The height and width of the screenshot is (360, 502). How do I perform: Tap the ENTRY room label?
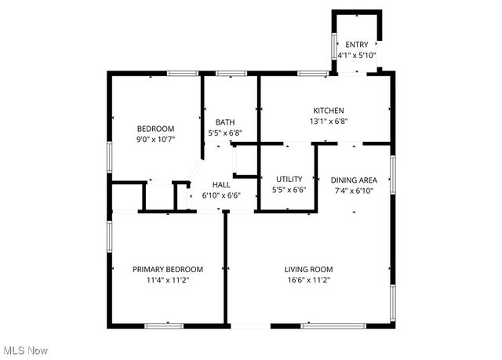(x=356, y=45)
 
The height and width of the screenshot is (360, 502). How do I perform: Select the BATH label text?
(x=225, y=122)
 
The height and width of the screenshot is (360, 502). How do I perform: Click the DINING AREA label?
(x=354, y=180)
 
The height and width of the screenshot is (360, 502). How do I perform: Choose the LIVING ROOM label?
(x=308, y=269)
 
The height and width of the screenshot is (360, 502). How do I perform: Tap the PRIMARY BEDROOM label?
(x=167, y=269)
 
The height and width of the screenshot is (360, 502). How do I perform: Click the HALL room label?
(x=221, y=185)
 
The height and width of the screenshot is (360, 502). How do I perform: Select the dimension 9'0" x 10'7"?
(x=155, y=140)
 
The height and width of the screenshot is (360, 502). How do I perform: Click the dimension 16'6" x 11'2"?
(x=308, y=280)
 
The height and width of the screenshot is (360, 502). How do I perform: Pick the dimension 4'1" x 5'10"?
(x=356, y=56)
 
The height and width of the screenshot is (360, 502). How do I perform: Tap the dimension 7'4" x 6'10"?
(x=354, y=191)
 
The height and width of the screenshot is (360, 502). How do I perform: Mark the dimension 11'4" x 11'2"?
(x=167, y=280)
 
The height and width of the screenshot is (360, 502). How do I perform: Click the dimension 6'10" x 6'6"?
(x=221, y=196)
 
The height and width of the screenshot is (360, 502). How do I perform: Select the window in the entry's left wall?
(x=333, y=52)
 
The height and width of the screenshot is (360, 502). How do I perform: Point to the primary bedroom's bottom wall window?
(x=163, y=325)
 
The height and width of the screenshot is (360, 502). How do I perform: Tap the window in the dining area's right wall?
(x=392, y=174)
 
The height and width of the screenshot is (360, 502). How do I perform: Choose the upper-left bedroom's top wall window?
(x=181, y=74)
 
